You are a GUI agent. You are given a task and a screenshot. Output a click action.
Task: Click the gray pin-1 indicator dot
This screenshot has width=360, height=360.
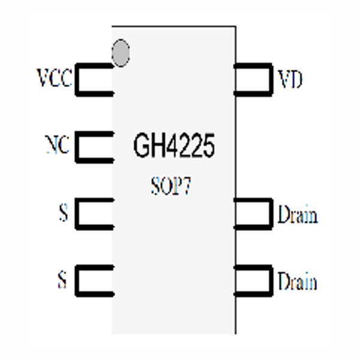tap(121, 52)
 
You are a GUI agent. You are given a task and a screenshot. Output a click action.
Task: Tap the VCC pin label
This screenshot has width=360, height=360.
tap(55, 79)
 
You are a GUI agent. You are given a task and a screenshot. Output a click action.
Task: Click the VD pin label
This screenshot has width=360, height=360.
tap(290, 79)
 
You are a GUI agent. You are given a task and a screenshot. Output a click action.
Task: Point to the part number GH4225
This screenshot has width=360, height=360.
tap(174, 147)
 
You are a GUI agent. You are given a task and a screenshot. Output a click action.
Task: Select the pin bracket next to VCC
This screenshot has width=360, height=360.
tap(94, 80)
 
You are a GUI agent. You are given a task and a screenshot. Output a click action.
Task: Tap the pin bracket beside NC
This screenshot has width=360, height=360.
tap(94, 147)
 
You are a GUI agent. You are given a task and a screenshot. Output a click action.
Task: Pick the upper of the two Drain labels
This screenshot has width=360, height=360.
tap(297, 214)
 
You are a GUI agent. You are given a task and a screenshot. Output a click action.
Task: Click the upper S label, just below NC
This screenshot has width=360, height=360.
tap(62, 214)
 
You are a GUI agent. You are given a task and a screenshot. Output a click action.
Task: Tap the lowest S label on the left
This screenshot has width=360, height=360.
tap(62, 280)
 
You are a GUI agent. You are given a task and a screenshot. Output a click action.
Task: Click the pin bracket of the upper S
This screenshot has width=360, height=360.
tap(94, 214)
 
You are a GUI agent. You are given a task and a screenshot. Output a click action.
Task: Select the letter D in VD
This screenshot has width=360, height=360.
tap(296, 79)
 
